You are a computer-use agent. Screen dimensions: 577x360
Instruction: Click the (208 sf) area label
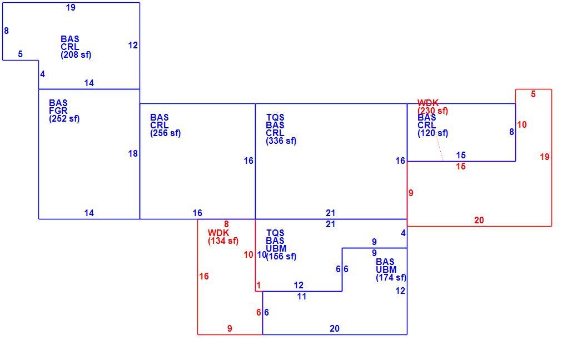pos(76,55)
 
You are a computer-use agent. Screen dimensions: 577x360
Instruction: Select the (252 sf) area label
pos(64,119)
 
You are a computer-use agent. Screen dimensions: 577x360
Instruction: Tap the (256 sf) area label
pos(165,133)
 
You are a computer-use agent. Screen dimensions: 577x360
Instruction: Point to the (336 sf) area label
pos(281,141)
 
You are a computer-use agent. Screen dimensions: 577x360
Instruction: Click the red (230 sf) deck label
pos(432,111)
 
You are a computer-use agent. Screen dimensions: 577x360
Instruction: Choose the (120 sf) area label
pos(432,133)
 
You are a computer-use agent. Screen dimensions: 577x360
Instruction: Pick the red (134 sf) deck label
pos(223,241)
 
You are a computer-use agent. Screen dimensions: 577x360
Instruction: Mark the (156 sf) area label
pos(281,256)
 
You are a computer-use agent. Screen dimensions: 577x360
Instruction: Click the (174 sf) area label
pos(391,278)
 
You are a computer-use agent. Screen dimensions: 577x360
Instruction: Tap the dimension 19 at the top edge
pos(71,7)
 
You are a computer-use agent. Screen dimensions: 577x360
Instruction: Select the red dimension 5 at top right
pos(533,94)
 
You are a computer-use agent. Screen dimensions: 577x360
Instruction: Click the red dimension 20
pos(479,220)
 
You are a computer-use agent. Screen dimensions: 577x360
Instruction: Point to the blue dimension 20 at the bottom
pos(335,328)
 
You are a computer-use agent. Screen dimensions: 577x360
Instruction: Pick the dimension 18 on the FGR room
pos(133,154)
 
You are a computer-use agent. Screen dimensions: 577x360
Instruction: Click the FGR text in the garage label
pos(58,111)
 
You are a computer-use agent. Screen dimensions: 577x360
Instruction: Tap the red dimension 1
pos(258,286)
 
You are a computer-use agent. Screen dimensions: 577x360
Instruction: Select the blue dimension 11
pos(302,296)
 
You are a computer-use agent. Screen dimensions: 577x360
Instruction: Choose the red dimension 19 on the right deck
pos(545,157)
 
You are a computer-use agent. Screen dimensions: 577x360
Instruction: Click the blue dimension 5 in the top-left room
pos(20,54)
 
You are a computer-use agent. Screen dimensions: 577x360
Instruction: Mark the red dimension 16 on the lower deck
pos(204,276)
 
